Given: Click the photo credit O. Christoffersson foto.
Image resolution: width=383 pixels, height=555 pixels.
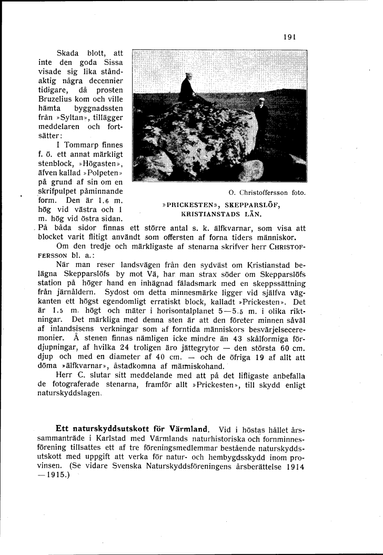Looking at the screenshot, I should coord(267,193).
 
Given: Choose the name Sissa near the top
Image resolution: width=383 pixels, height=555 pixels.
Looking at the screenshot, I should coord(114,62).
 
